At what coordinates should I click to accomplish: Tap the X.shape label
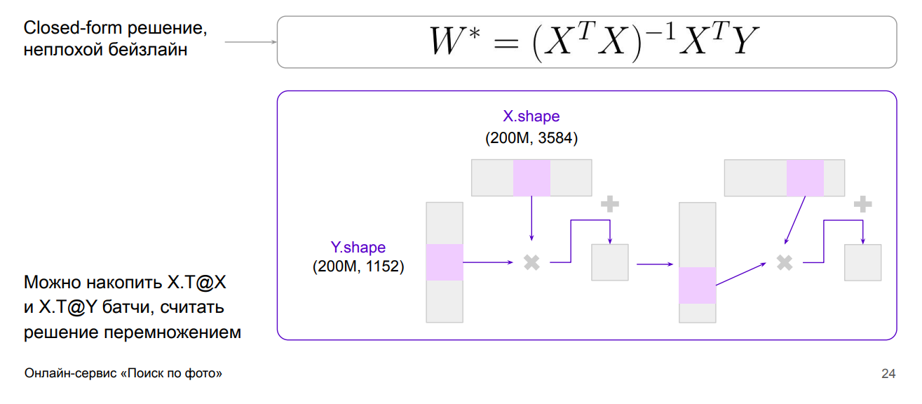[x=531, y=116]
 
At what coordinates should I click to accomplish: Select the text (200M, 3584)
[x=531, y=138]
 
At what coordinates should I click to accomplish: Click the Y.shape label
[x=358, y=248]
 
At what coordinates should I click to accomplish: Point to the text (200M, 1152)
[x=358, y=267]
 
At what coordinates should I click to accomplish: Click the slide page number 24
[x=888, y=374]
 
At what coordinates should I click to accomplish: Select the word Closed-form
[x=74, y=29]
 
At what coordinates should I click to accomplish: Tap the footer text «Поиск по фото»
[x=171, y=374]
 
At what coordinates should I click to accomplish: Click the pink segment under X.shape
[x=531, y=177]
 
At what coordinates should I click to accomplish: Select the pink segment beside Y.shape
[x=445, y=262]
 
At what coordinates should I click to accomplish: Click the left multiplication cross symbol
[x=531, y=262]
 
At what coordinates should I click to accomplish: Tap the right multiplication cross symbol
[x=785, y=262]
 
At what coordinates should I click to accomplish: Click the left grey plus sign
[x=610, y=204]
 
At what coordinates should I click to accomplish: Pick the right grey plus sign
[x=862, y=204]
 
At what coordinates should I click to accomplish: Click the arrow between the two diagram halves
[x=654, y=264]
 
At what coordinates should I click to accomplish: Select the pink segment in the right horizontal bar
[x=805, y=177]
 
